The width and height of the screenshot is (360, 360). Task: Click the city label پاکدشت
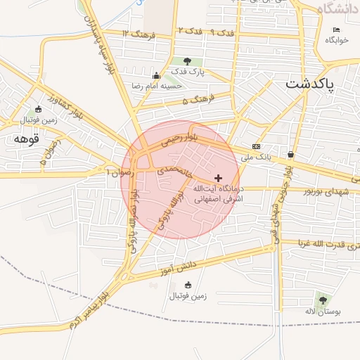321,84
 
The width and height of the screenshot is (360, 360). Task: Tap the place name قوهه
21,139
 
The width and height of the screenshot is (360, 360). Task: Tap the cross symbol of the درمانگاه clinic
218,178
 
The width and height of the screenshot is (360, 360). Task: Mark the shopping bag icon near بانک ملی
290,154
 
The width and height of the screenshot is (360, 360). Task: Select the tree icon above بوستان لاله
322,300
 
